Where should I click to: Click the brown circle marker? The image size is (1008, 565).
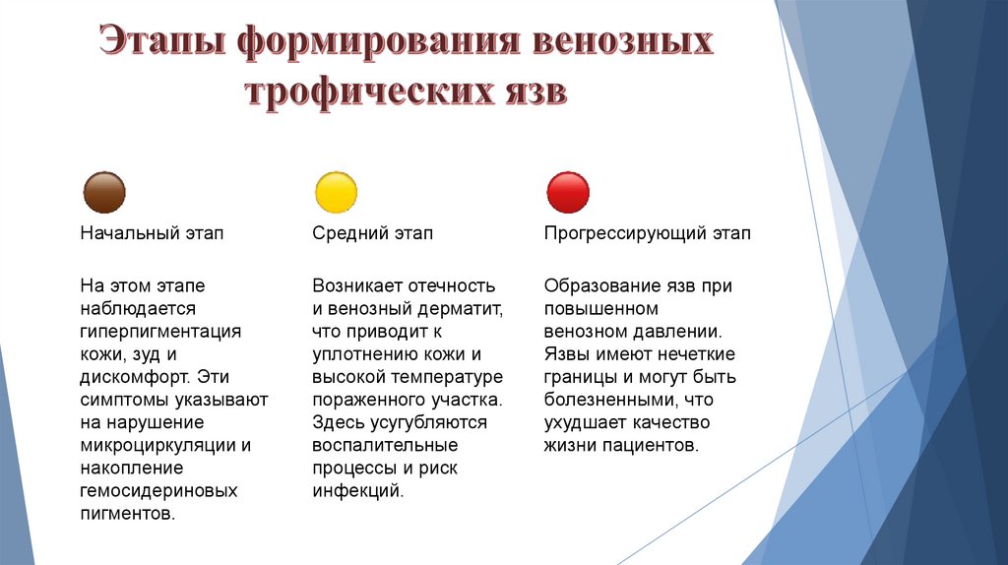point(104,193)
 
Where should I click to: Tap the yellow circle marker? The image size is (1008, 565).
point(336,193)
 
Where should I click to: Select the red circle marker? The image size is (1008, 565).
point(568,193)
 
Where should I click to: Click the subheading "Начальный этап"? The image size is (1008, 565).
point(152,234)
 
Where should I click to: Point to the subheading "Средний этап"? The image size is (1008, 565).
point(372,234)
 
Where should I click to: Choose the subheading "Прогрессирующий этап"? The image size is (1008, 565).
point(647,234)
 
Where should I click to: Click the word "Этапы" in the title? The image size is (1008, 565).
point(164,43)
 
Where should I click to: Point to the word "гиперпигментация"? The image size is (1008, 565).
point(161,331)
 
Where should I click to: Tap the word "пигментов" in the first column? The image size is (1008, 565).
point(125,514)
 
